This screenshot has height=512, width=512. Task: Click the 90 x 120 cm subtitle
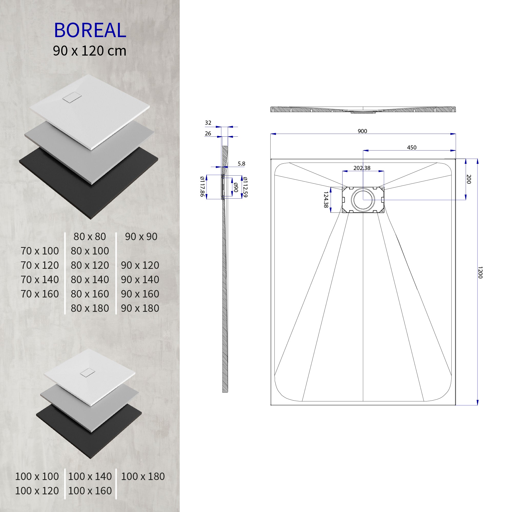(90, 51)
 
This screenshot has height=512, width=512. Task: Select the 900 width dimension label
(362, 131)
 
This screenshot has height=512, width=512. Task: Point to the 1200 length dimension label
(480, 272)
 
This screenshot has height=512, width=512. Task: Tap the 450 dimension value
(412, 148)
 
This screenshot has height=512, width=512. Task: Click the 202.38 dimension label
(362, 168)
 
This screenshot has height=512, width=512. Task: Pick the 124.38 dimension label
(326, 200)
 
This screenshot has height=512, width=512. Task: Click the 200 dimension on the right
(468, 179)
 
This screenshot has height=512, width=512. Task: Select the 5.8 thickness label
(241, 164)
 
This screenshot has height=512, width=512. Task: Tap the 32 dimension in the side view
(208, 123)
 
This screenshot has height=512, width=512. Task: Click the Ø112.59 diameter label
(245, 187)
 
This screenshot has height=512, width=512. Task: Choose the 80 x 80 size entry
(90, 236)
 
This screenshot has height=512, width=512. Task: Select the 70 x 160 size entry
(40, 294)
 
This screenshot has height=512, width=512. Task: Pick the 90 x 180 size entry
(140, 308)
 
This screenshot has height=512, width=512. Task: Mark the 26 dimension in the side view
(208, 134)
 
